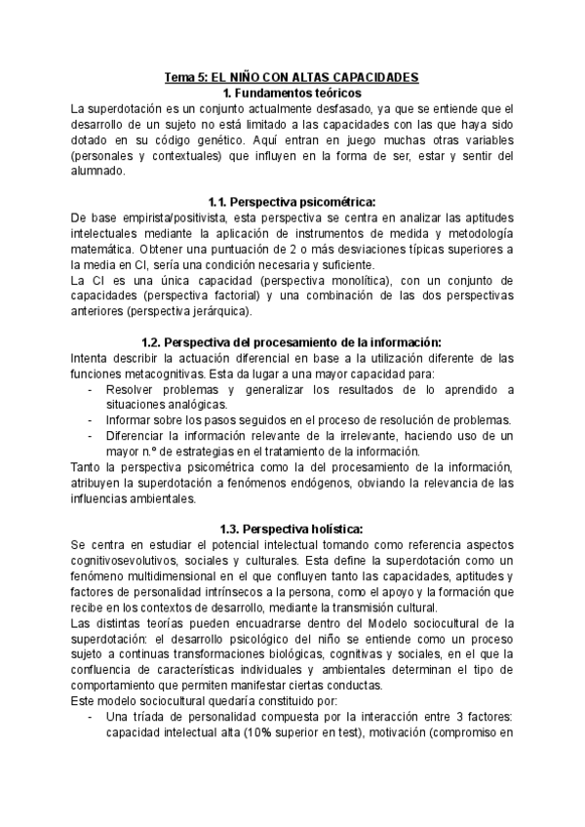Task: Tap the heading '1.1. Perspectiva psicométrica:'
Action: pyautogui.click(x=292, y=202)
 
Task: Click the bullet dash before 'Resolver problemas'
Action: pyautogui.click(x=90, y=389)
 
